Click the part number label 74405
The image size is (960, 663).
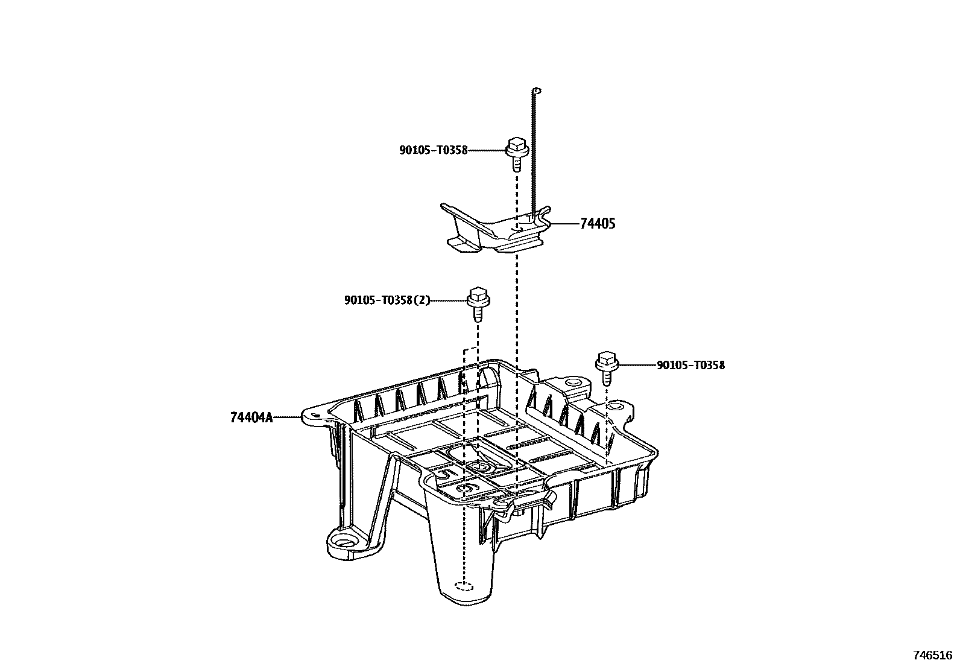598,224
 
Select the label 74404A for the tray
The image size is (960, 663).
251,417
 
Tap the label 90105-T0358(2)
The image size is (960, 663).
387,300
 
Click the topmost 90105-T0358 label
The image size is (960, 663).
433,150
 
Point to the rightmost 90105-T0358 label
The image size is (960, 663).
690,365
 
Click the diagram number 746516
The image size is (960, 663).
932,655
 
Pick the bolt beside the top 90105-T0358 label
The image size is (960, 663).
517,154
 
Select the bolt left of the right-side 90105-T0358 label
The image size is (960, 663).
606,367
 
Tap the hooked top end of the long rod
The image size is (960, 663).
537,91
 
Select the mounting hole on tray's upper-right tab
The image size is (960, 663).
571,382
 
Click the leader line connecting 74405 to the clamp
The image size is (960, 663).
564,224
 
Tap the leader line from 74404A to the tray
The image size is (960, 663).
288,417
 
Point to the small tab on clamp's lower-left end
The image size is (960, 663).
458,244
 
